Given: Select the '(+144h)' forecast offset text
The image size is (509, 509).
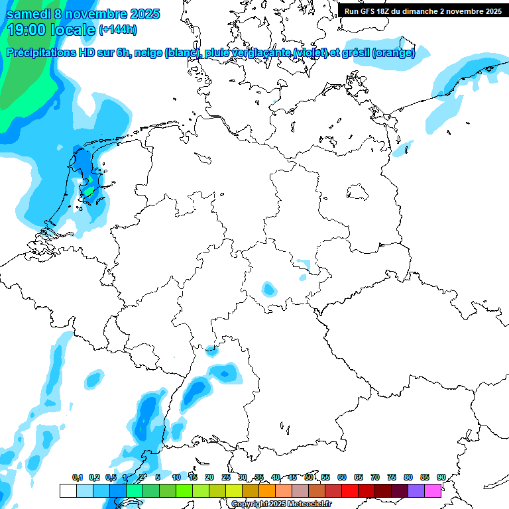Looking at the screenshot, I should (x=118, y=30).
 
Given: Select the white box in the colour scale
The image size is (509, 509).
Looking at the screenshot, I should (x=68, y=490).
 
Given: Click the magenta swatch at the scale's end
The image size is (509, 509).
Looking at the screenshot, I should (x=433, y=490).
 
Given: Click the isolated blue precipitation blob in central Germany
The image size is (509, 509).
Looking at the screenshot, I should (x=268, y=289).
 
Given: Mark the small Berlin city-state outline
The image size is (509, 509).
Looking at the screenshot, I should (x=358, y=192).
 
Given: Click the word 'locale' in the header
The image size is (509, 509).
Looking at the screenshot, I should (x=72, y=30).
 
